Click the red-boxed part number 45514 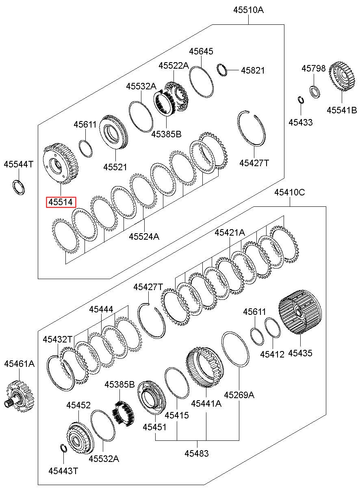tap(61, 202)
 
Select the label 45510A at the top tap(248, 10)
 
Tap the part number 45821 tap(253, 70)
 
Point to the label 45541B tap(342, 110)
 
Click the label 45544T tap(19, 164)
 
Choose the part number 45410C tap(290, 193)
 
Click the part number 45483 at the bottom tap(197, 453)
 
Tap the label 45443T tap(63, 471)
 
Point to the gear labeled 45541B tap(342, 77)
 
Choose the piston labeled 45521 tap(113, 132)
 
